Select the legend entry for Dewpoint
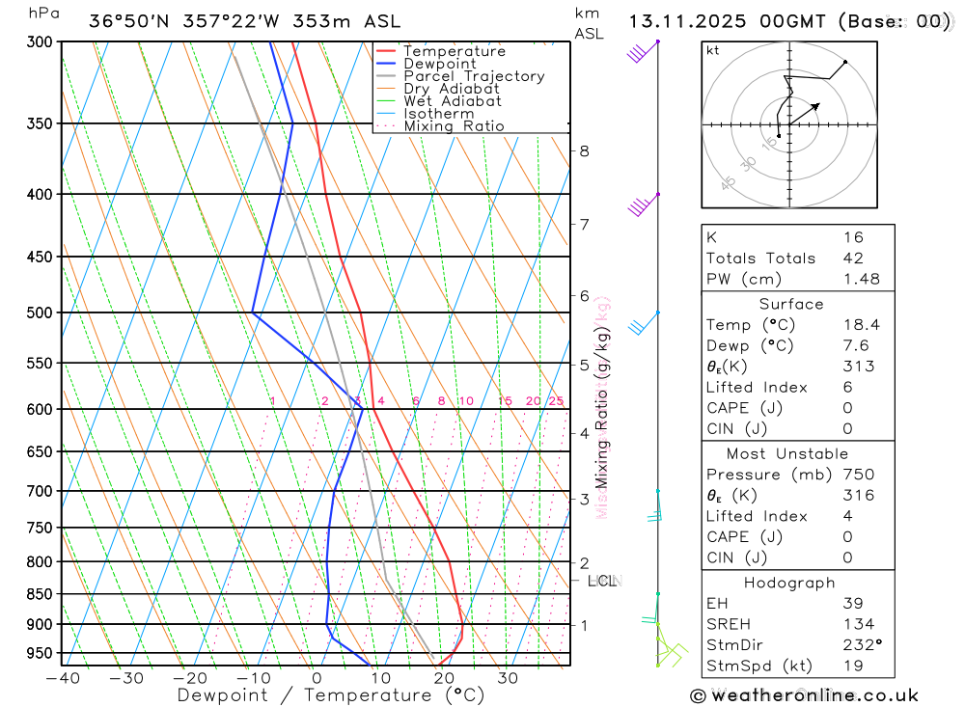(439, 64)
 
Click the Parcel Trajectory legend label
(473, 76)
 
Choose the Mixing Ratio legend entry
(454, 126)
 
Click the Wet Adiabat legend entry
(452, 101)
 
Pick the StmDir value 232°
(858, 645)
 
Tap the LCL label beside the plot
(601, 581)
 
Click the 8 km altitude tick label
(585, 150)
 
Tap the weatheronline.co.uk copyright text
(805, 695)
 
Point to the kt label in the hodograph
(713, 50)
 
